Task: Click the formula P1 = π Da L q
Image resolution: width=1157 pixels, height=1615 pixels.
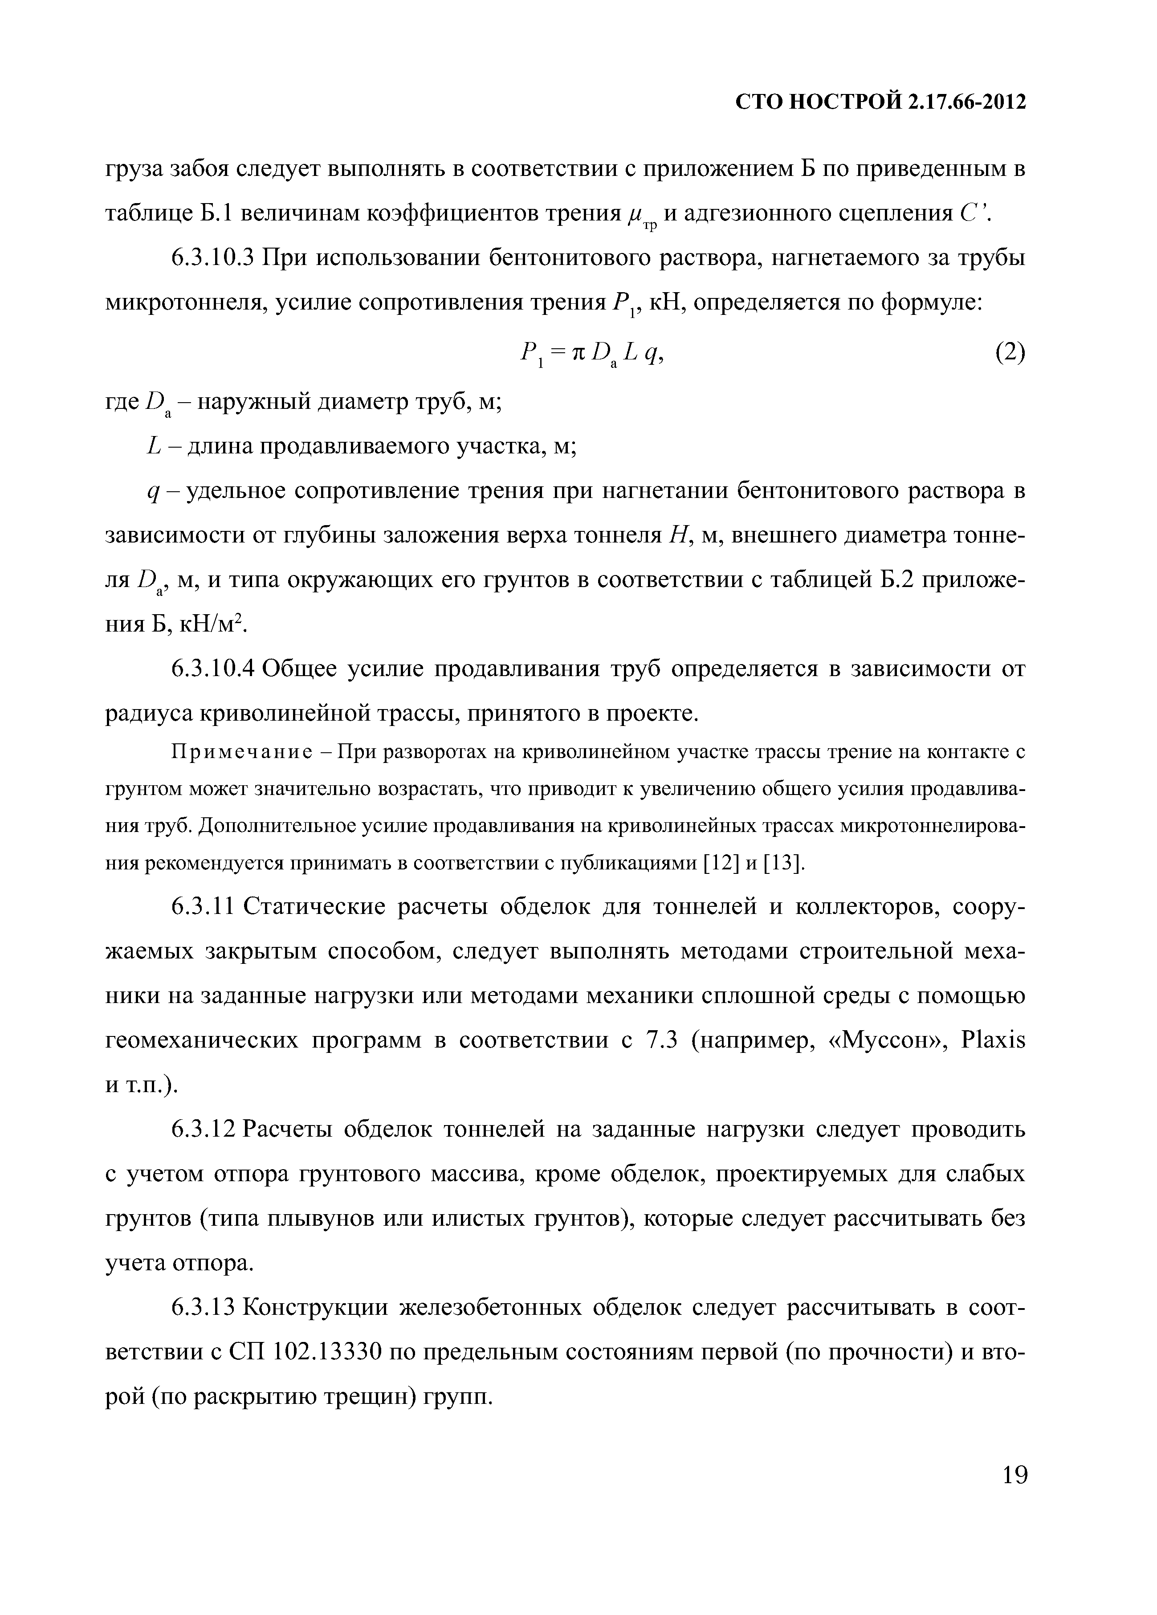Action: (592, 354)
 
